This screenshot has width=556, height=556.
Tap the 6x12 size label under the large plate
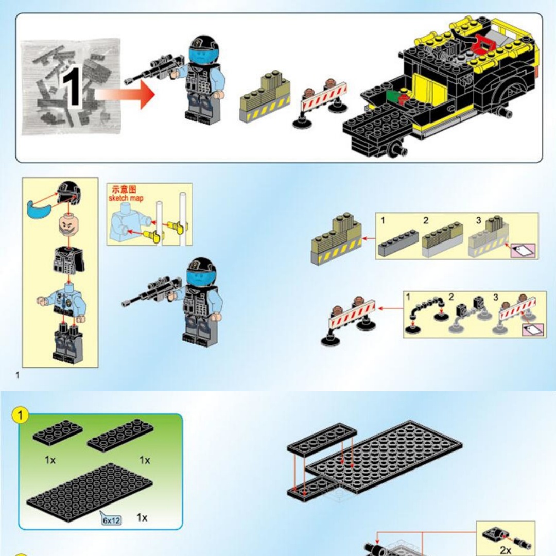[x=111, y=520]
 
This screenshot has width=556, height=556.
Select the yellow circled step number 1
[x=20, y=415]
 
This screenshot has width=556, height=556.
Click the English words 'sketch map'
[x=126, y=198]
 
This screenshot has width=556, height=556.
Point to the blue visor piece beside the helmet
[x=39, y=208]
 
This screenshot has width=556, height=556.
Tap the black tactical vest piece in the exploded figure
[x=69, y=260]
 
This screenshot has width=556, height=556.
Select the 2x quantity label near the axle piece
[x=506, y=550]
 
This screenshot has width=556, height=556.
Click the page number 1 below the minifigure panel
[x=18, y=375]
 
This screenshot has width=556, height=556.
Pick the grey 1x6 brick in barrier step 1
[x=398, y=243]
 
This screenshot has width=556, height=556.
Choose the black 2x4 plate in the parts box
[x=58, y=431]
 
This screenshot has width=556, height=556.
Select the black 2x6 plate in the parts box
[x=120, y=435]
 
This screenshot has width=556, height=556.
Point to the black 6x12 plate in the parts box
[x=90, y=492]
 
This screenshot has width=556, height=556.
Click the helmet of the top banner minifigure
[x=203, y=46]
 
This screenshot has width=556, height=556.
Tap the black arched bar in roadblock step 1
[x=427, y=307]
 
